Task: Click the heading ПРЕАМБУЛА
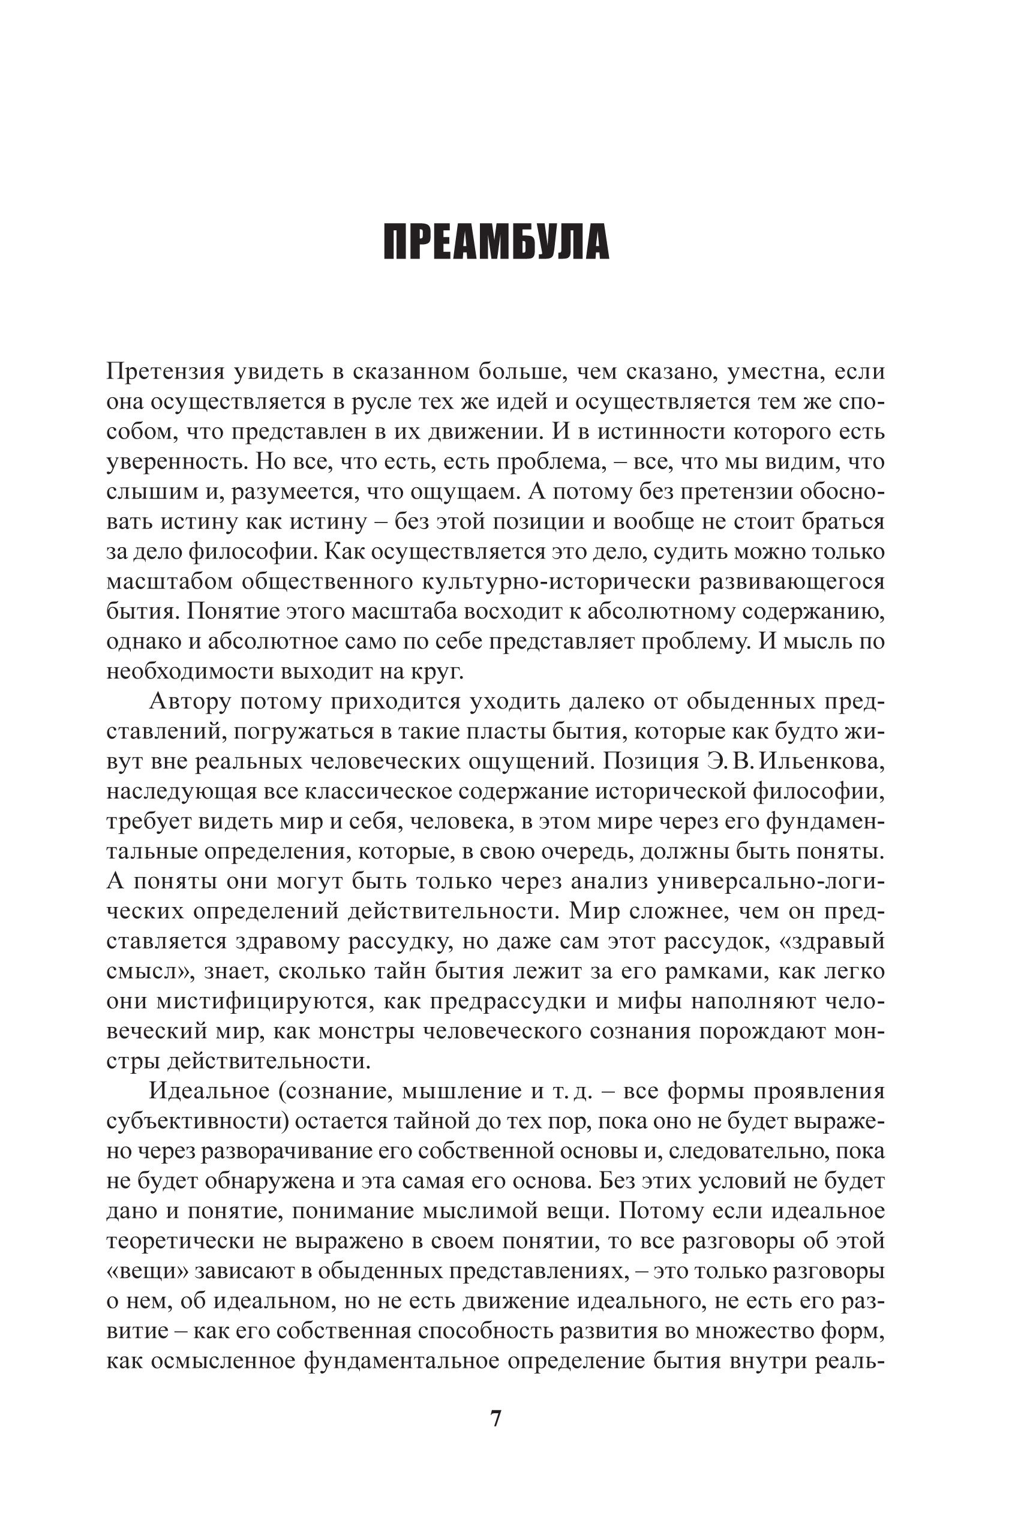point(496,243)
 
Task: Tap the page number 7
point(496,1418)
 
